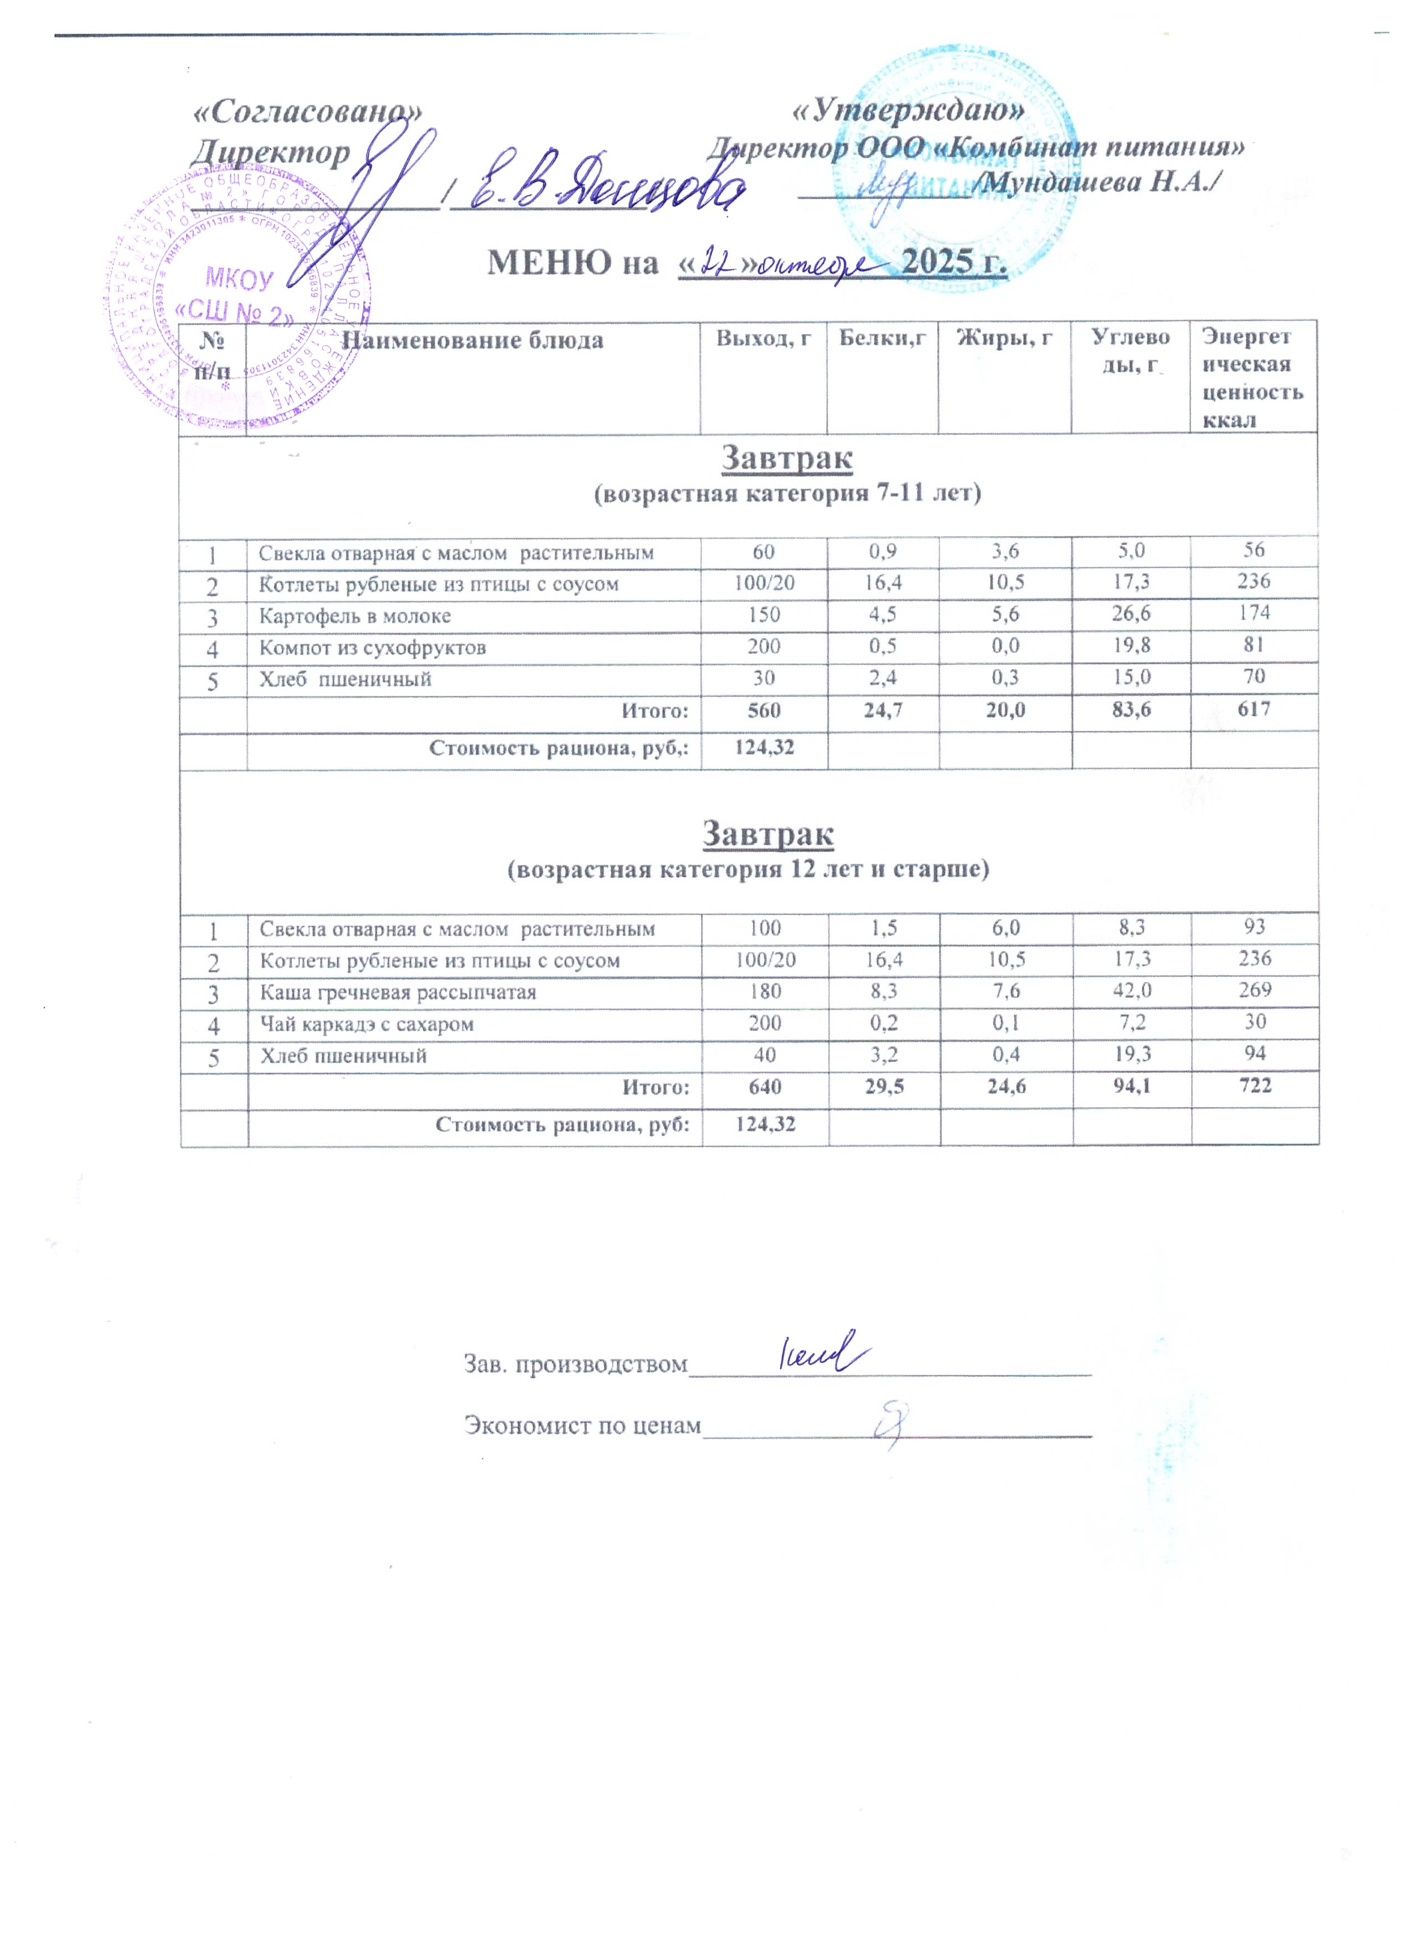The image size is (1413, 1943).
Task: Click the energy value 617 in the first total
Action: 1253,709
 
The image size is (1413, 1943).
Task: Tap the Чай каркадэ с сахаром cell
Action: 367,1024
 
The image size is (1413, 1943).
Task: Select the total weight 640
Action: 764,1086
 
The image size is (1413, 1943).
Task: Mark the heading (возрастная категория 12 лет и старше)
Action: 748,870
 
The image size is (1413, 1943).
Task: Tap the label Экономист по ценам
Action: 582,1425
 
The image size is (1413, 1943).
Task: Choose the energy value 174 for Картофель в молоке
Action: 1253,613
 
